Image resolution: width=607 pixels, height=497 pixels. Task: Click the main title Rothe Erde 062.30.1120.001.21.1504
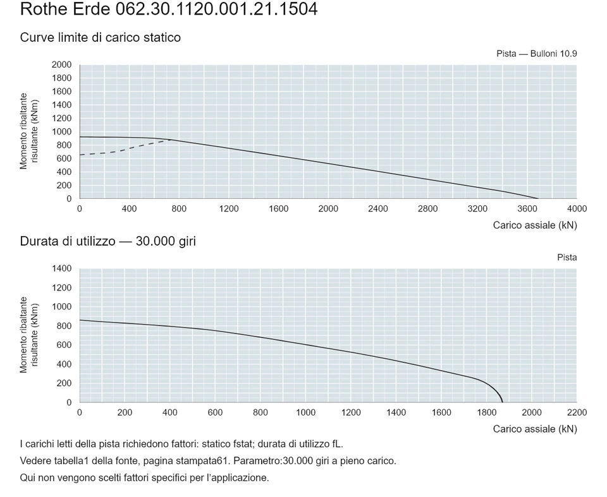point(169,9)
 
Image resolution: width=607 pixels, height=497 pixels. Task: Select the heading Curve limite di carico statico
point(101,37)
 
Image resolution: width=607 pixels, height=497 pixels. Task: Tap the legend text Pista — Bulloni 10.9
point(537,54)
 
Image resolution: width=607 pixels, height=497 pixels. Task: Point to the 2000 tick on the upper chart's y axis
point(61,64)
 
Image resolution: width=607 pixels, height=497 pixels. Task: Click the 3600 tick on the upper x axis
point(527,209)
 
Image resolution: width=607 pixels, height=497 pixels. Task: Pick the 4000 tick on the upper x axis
point(577,209)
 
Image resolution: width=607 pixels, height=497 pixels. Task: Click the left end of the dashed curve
point(80,155)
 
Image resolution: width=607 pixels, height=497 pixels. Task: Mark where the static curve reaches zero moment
point(538,198)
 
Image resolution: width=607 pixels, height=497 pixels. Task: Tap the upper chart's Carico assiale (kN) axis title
point(535,225)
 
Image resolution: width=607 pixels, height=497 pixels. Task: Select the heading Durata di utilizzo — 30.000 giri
point(108,241)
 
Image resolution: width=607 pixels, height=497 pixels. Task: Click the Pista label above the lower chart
point(567,258)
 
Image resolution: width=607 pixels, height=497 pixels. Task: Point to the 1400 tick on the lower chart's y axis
point(61,268)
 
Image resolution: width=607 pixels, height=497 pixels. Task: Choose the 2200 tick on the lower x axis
point(577,412)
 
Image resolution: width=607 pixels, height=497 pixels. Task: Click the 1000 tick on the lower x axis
point(306,412)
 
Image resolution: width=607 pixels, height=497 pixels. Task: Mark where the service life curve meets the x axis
point(503,402)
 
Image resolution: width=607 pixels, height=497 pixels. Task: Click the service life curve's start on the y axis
point(80,320)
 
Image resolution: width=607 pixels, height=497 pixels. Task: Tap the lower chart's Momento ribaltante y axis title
point(29,335)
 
